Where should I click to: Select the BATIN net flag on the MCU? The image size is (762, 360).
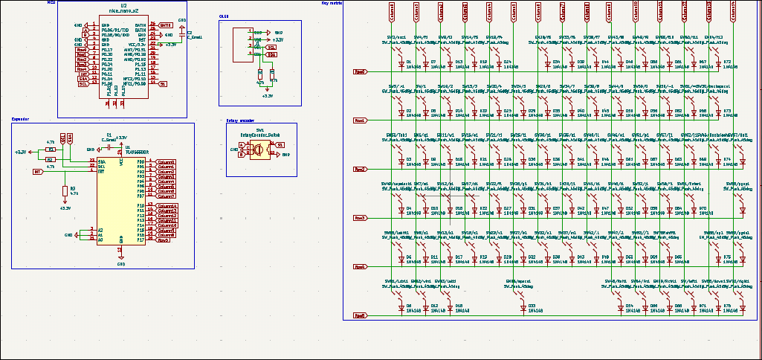pyautogui.click(x=165, y=25)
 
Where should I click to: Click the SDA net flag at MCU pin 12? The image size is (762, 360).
pyautogui.click(x=83, y=79)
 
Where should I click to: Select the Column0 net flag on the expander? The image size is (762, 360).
pyautogui.click(x=165, y=161)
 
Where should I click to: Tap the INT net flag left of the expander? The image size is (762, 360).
pyautogui.click(x=37, y=171)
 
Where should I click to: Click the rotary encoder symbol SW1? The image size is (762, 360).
pyautogui.click(x=260, y=150)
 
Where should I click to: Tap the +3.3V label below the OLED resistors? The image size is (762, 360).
pyautogui.click(x=268, y=96)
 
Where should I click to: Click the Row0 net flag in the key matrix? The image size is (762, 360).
pyautogui.click(x=360, y=71)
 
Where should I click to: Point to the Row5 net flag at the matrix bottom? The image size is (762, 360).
pyautogui.click(x=360, y=315)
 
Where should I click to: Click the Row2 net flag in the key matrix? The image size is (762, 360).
pyautogui.click(x=360, y=169)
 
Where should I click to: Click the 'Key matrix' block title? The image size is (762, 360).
pyautogui.click(x=332, y=3)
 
